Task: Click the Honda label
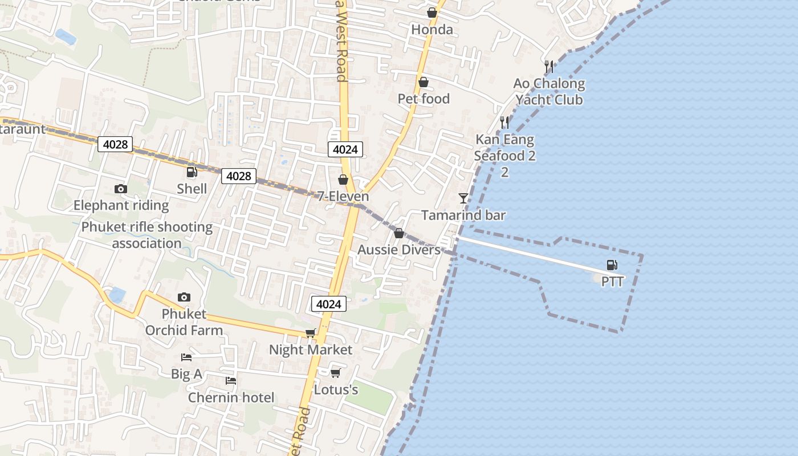[432, 30]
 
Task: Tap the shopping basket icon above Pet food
[424, 83]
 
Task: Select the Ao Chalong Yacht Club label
[549, 92]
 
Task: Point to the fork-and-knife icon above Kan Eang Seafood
[504, 123]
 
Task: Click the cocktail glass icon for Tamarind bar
[463, 198]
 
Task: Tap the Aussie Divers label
[399, 250]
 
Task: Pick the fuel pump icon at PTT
[612, 265]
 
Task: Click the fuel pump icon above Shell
[192, 172]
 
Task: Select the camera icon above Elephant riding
[121, 189]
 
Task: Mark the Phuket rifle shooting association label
[146, 235]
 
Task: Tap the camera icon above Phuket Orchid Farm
[184, 297]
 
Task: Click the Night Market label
[311, 349]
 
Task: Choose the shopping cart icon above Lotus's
[336, 373]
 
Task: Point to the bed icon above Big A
[186, 357]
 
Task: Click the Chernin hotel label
[231, 397]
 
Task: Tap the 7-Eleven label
[343, 197]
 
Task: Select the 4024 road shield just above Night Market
[329, 304]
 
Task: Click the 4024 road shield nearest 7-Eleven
[345, 149]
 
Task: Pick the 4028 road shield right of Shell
[239, 176]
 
